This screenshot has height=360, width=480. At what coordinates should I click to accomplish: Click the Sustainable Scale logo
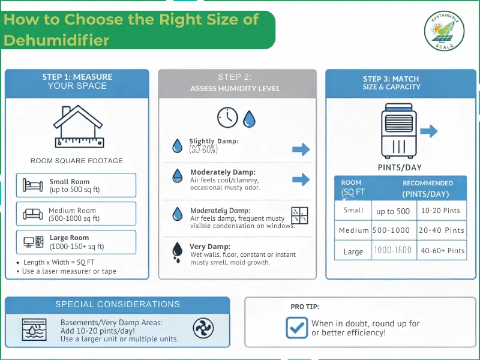(445, 31)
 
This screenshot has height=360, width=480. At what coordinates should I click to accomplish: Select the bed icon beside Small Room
(32, 185)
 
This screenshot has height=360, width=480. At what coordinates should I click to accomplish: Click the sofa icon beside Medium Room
(32, 214)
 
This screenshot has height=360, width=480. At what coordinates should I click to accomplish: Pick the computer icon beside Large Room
(32, 242)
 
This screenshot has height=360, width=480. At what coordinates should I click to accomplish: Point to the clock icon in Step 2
(227, 117)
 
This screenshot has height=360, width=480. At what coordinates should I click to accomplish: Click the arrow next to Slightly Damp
(301, 149)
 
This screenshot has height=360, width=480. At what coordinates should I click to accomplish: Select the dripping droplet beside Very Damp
(178, 251)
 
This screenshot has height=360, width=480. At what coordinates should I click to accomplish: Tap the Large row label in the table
(353, 251)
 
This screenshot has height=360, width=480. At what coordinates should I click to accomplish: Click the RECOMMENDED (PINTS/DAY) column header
(427, 188)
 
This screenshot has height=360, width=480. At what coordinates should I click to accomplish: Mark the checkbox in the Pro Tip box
(296, 328)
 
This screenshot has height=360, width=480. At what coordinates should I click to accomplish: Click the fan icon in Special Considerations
(203, 328)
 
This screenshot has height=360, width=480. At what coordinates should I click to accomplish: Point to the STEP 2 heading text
(235, 77)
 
